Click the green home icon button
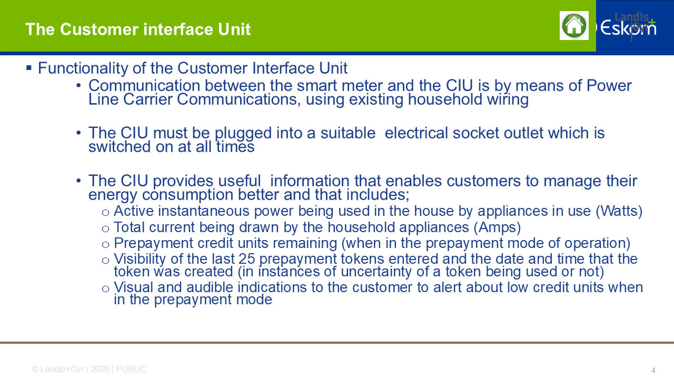pyautogui.click(x=574, y=26)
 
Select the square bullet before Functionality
pyautogui.click(x=29, y=68)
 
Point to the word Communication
pyautogui.click(x=144, y=85)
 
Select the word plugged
pyautogui.click(x=243, y=133)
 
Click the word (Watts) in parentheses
pyautogui.click(x=619, y=211)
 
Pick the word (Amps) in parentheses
pyautogui.click(x=497, y=227)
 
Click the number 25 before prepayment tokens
pyautogui.click(x=247, y=258)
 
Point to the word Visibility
pyautogui.click(x=140, y=258)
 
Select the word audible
pyautogui.click(x=210, y=287)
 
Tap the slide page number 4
pyautogui.click(x=653, y=370)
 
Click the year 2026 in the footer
pyautogui.click(x=100, y=369)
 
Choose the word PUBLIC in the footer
pyautogui.click(x=132, y=369)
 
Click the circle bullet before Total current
pyautogui.click(x=105, y=229)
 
